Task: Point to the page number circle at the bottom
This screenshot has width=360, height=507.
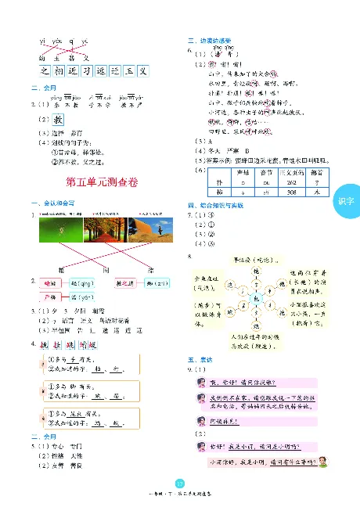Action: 180,482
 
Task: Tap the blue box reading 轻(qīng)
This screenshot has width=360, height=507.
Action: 81,282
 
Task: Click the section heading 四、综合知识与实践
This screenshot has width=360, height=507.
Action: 218,204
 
